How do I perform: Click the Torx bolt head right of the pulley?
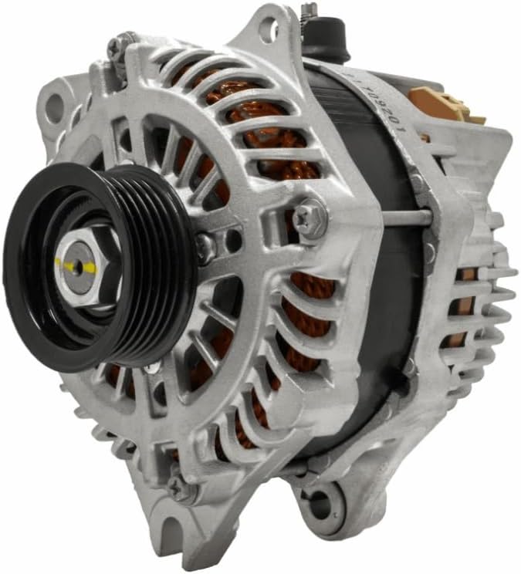[310, 215]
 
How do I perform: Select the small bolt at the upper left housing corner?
[116, 47]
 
